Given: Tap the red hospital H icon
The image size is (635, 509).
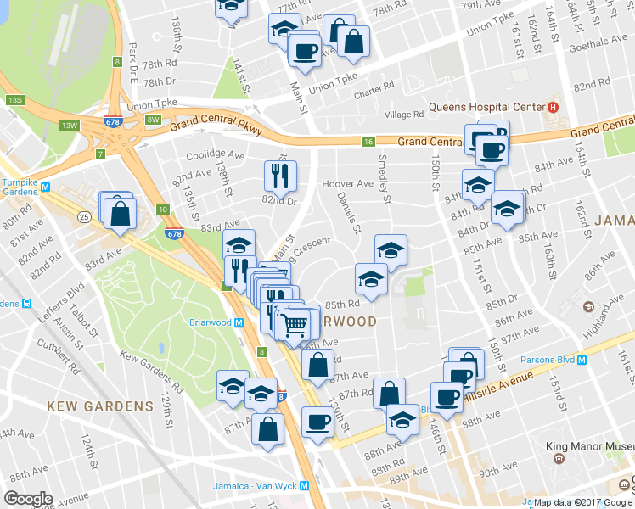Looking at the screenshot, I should (552, 107).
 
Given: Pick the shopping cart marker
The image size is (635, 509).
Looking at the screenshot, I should (294, 324).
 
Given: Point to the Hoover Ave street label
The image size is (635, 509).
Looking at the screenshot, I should (347, 184).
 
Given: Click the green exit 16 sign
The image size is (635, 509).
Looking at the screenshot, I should (368, 141).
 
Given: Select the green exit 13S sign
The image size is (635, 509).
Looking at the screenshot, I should (15, 100).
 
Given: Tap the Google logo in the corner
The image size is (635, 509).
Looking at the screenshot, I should (28, 498).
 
